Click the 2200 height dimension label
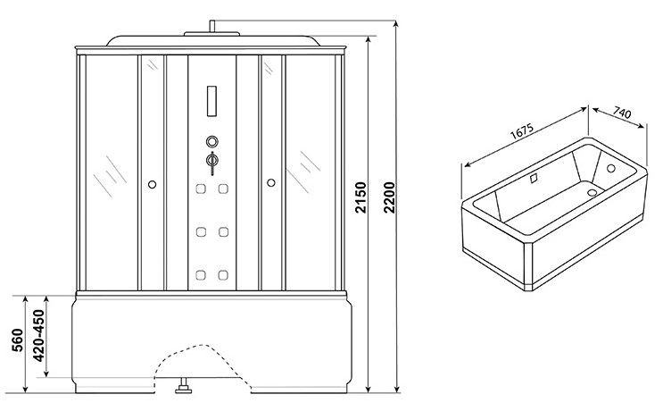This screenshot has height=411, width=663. click(x=389, y=197)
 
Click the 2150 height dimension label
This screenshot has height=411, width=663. click(x=361, y=197)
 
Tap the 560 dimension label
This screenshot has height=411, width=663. click(x=17, y=340)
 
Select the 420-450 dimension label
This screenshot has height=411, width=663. click(x=38, y=336)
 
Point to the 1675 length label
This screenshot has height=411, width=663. click(x=522, y=131)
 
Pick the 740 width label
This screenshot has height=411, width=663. click(x=622, y=113)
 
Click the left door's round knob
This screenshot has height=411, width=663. click(x=153, y=184)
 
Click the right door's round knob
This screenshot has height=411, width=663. click(x=271, y=182)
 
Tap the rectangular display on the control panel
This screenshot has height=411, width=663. click(x=211, y=101)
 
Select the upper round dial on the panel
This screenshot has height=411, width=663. click(x=212, y=141)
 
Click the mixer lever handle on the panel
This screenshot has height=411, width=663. click(x=212, y=163)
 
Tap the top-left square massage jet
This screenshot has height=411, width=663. click(x=201, y=189)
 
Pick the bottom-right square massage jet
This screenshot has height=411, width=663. click(x=223, y=275)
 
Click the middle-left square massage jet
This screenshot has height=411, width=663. click(x=201, y=232)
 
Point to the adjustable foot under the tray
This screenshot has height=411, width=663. click(x=183, y=386)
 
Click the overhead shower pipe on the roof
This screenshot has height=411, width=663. click(x=212, y=26)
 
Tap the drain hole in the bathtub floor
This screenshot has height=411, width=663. click(x=592, y=193)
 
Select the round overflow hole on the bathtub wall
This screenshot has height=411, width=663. click(x=611, y=168)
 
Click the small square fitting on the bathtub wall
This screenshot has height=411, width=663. click(x=534, y=178)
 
